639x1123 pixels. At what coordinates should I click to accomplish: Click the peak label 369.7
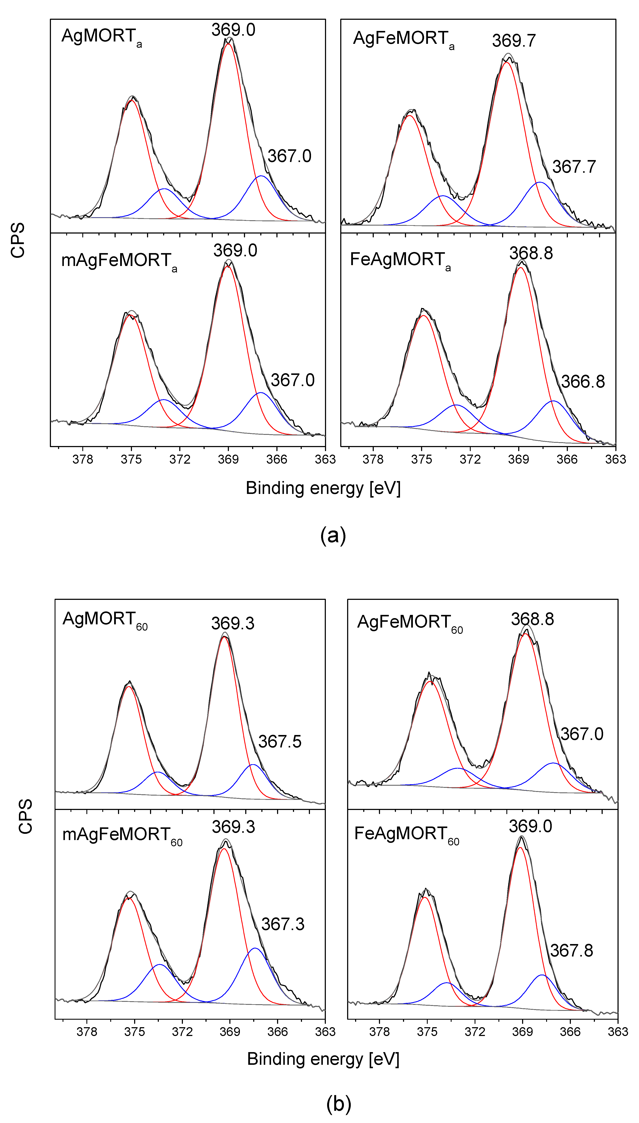pyautogui.click(x=513, y=41)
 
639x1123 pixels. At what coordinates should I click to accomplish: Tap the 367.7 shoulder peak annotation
pyautogui.click(x=574, y=167)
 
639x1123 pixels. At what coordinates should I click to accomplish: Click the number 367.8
pyautogui.click(x=572, y=951)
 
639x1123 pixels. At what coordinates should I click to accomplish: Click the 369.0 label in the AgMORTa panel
pyautogui.click(x=233, y=30)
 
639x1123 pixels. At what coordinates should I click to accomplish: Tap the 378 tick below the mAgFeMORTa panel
pyautogui.click(x=83, y=459)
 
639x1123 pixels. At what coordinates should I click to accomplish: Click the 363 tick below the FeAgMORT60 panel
pyautogui.click(x=618, y=1032)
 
